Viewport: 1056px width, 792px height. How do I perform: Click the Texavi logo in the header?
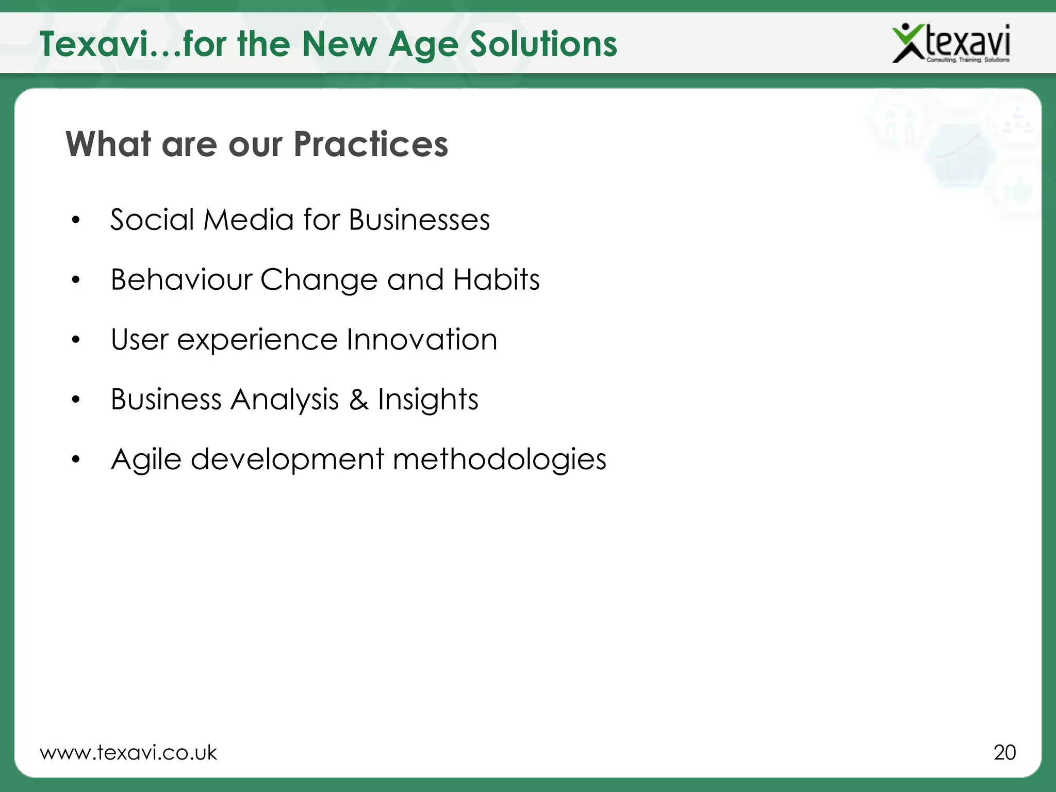click(951, 43)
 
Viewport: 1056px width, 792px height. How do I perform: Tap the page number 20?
click(1004, 752)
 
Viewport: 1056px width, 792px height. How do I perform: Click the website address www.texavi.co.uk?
click(128, 753)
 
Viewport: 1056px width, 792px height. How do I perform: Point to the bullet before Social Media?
click(76, 221)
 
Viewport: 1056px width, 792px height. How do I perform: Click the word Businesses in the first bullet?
click(419, 220)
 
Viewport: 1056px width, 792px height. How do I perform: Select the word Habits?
click(496, 280)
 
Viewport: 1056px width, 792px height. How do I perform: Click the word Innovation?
click(422, 340)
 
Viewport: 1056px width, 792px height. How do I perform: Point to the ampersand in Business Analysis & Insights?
click(359, 400)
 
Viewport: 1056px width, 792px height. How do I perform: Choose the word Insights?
click(428, 400)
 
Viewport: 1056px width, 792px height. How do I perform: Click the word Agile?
click(146, 459)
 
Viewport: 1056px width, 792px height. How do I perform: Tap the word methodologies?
click(499, 459)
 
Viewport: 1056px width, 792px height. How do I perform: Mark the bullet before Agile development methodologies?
click(76, 459)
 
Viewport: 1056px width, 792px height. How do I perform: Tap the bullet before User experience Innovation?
click(76, 340)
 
